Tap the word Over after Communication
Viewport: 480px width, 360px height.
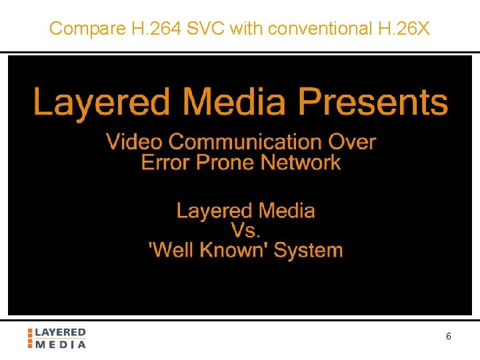click(x=353, y=142)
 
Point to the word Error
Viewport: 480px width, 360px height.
click(x=165, y=162)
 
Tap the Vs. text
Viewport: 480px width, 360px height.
click(x=246, y=231)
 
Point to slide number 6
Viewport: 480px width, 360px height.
click(x=448, y=337)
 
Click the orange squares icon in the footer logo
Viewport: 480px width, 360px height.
click(x=30, y=338)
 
